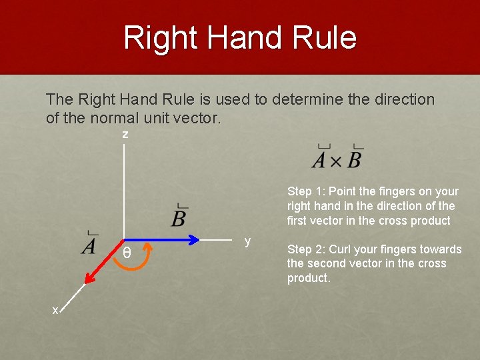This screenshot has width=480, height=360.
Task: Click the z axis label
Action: point(125,135)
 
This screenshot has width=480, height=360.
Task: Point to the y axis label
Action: point(247,241)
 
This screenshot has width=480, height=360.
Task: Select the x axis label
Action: point(56,309)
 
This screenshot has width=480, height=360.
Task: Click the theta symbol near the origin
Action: point(127,254)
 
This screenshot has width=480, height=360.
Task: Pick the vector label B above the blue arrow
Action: point(179,217)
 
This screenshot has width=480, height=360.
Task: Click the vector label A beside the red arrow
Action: point(89,245)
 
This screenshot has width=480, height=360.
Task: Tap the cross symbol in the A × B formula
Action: point(336,161)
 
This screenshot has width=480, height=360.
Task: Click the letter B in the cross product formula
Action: point(355,160)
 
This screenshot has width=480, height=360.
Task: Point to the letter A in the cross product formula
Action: point(319,160)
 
